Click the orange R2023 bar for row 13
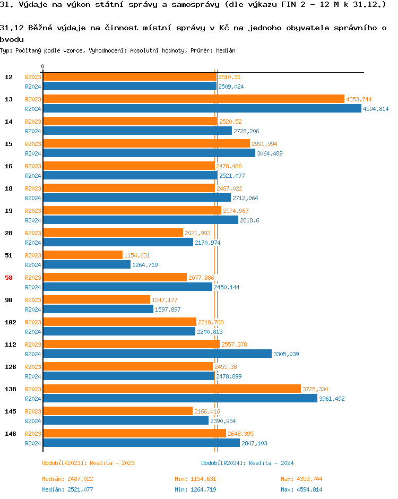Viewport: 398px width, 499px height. (x=194, y=99)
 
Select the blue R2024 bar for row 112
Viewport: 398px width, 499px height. (x=157, y=354)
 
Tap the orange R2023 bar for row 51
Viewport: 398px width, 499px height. (x=83, y=255)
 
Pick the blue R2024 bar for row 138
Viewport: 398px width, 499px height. (x=180, y=398)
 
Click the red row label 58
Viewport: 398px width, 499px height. (x=9, y=278)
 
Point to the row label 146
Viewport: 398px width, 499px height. (x=11, y=434)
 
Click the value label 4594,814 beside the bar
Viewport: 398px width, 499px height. (x=376, y=109)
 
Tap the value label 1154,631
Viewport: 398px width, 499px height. (x=137, y=255)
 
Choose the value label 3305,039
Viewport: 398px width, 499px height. (x=286, y=354)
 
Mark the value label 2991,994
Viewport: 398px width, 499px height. (x=264, y=144)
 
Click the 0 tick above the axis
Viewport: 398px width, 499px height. (x=43, y=67)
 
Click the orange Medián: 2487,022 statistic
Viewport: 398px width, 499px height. (x=67, y=479)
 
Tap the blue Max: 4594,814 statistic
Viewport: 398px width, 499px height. (x=301, y=489)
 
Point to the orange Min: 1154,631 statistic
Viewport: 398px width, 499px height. (x=195, y=479)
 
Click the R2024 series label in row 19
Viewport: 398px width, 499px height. (x=33, y=220)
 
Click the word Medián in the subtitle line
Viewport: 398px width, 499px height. (x=226, y=50)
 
